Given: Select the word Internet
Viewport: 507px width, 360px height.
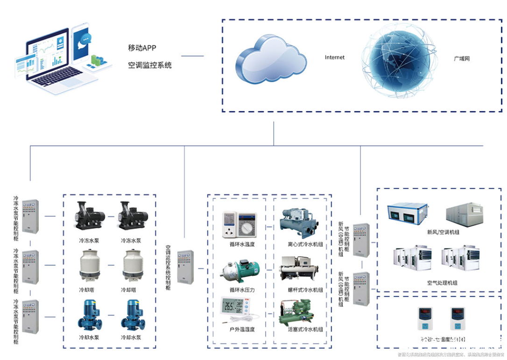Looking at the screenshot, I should click(x=335, y=57).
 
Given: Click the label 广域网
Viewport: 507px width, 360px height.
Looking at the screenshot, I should click(x=461, y=59).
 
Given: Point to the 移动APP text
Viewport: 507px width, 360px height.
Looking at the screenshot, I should click(x=142, y=48).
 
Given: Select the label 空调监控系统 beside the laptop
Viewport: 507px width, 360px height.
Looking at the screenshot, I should click(x=150, y=65).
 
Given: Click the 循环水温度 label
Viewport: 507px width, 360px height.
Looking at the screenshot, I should click(x=242, y=244).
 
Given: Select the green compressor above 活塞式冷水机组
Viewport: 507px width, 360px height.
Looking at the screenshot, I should click(x=299, y=311).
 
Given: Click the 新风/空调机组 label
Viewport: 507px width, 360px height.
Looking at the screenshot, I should click(x=442, y=232).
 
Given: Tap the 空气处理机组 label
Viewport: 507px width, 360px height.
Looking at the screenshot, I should click(x=442, y=283).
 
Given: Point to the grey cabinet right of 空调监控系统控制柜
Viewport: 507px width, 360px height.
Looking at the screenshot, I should click(x=185, y=268).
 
